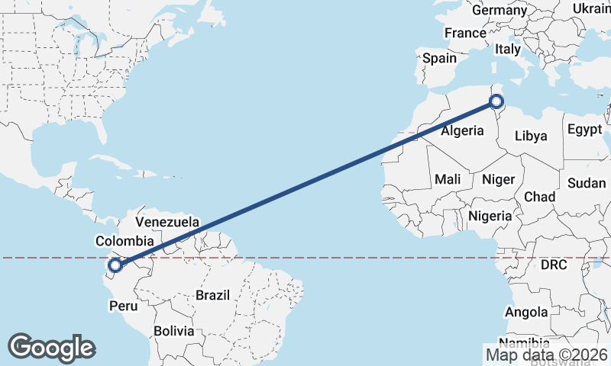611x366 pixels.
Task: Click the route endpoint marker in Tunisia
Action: coord(496,101)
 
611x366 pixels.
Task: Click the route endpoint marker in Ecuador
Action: coord(115,265)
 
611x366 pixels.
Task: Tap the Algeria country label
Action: coord(462,130)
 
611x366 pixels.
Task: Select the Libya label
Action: coord(531,136)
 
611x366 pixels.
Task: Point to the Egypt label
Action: coord(584,130)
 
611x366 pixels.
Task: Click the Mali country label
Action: coord(448,180)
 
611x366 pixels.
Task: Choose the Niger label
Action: coord(499,180)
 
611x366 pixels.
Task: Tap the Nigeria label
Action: coord(490,216)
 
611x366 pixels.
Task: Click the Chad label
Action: coord(539,197)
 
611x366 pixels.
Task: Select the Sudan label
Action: coord(587,183)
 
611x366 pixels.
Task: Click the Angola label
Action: coord(527,312)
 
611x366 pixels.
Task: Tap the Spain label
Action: coord(440,58)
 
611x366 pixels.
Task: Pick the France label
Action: coord(465,33)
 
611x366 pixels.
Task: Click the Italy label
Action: coord(508,49)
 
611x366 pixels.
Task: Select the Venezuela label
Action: coord(167,222)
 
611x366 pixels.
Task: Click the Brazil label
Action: coord(213,294)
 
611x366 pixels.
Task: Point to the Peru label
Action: coord(124,306)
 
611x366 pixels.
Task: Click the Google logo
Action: coord(51,347)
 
